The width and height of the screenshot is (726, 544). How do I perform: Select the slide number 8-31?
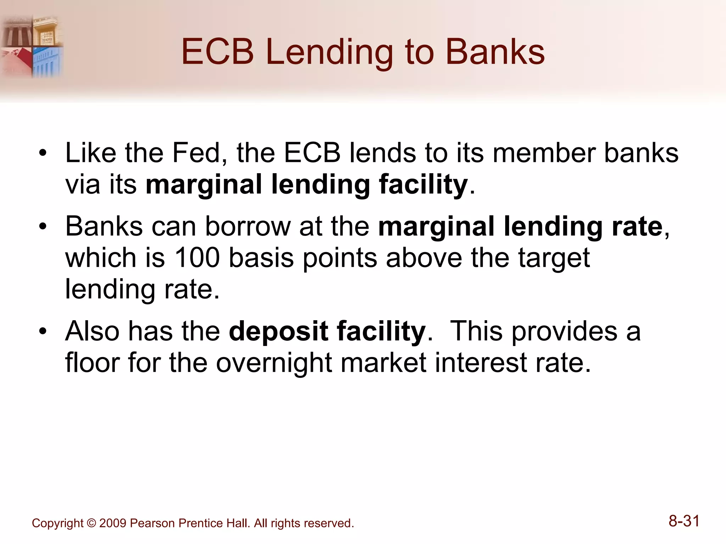[684, 521]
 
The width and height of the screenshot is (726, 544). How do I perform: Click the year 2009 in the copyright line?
[112, 523]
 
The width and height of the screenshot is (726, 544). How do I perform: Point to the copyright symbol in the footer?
[91, 523]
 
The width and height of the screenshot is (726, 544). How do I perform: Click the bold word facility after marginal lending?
[423, 185]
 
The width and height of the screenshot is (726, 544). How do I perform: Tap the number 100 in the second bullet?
[197, 257]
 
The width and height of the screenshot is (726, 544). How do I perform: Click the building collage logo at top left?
[32, 46]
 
